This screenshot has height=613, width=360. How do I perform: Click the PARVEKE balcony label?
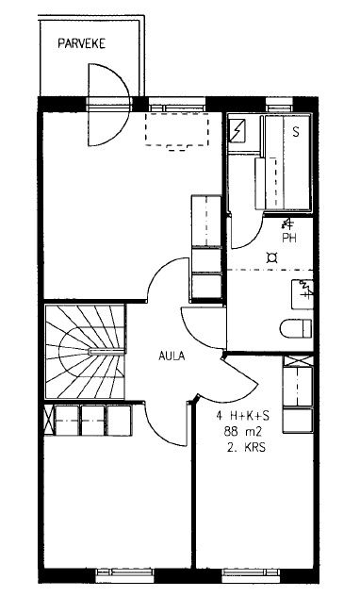pos(81,43)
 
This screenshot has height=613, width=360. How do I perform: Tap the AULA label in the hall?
pos(172,356)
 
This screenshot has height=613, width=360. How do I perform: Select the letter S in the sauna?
pos(296,132)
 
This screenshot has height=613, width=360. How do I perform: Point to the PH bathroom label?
pos(289,238)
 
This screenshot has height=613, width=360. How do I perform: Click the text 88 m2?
pos(242,432)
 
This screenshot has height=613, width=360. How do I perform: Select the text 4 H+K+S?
pos(242,416)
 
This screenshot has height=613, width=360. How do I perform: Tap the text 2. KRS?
pos(246,448)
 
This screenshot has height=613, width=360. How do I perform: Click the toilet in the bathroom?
pos(296,328)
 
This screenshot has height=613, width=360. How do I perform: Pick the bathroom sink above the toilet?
pos(303,294)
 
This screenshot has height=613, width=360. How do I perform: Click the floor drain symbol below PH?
pos(271,257)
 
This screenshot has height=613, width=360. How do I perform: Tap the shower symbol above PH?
pos(287,224)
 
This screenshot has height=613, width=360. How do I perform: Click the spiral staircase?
pos(85,352)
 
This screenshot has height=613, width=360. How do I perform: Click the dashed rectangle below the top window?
pos(177,131)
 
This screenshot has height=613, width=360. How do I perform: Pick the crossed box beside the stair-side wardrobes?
pos(48,421)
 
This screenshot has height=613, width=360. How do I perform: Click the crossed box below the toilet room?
pos(299,360)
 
